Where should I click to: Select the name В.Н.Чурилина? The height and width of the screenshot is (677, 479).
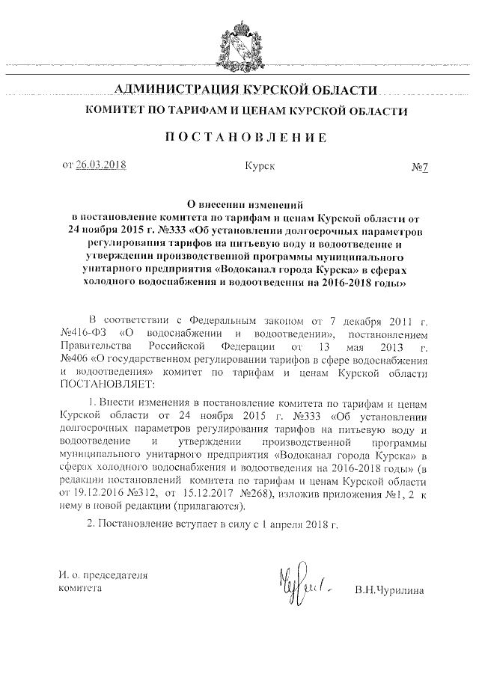point(390,590)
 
